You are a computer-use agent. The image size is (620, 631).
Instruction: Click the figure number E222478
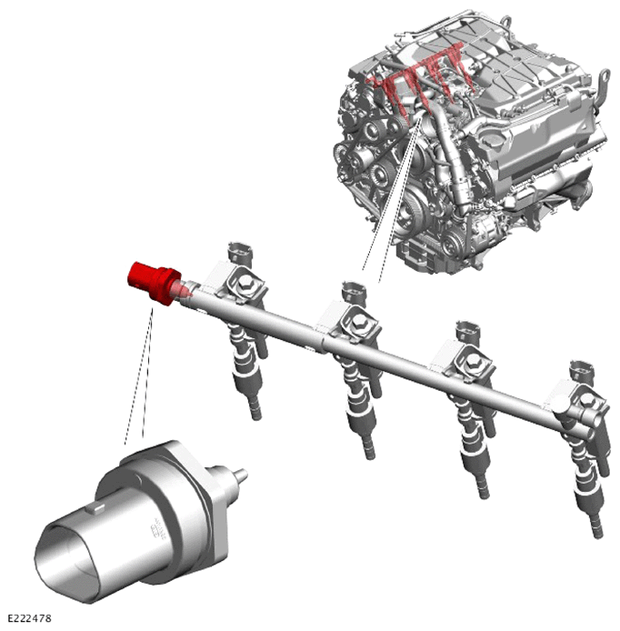30,618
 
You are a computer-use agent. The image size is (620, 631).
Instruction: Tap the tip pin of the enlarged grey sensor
242,475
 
